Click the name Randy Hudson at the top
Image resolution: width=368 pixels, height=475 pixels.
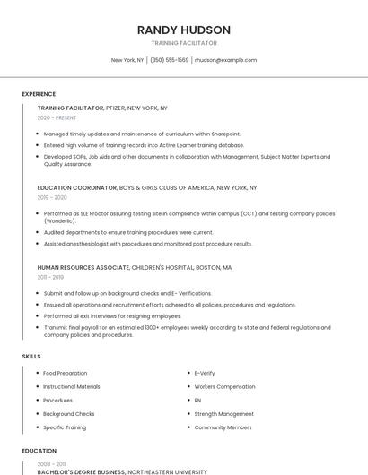click(183, 30)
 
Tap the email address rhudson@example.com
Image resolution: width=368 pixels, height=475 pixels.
click(225, 60)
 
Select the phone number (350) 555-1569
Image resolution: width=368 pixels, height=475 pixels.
click(170, 60)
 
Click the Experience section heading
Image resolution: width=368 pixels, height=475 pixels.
click(39, 94)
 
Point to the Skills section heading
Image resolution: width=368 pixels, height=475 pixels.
click(31, 357)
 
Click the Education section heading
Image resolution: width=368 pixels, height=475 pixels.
click(39, 451)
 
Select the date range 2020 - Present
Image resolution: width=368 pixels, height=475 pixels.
click(57, 117)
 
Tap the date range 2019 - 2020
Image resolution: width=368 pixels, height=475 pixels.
click(52, 197)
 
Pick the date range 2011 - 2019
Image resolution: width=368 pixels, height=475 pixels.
click(50, 277)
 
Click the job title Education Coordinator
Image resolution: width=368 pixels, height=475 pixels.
click(77, 188)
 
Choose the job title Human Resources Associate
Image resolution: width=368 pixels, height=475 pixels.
click(83, 267)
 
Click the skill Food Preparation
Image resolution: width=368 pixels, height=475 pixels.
click(66, 373)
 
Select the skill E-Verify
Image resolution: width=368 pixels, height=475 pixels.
click(205, 373)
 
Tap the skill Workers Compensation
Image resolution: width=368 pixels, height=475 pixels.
click(224, 386)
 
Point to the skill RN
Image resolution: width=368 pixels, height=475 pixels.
click(198, 400)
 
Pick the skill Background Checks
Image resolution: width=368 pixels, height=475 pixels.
click(69, 414)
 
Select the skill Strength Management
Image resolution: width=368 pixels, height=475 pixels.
click(223, 414)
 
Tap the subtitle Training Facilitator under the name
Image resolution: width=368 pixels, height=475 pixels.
click(183, 43)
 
